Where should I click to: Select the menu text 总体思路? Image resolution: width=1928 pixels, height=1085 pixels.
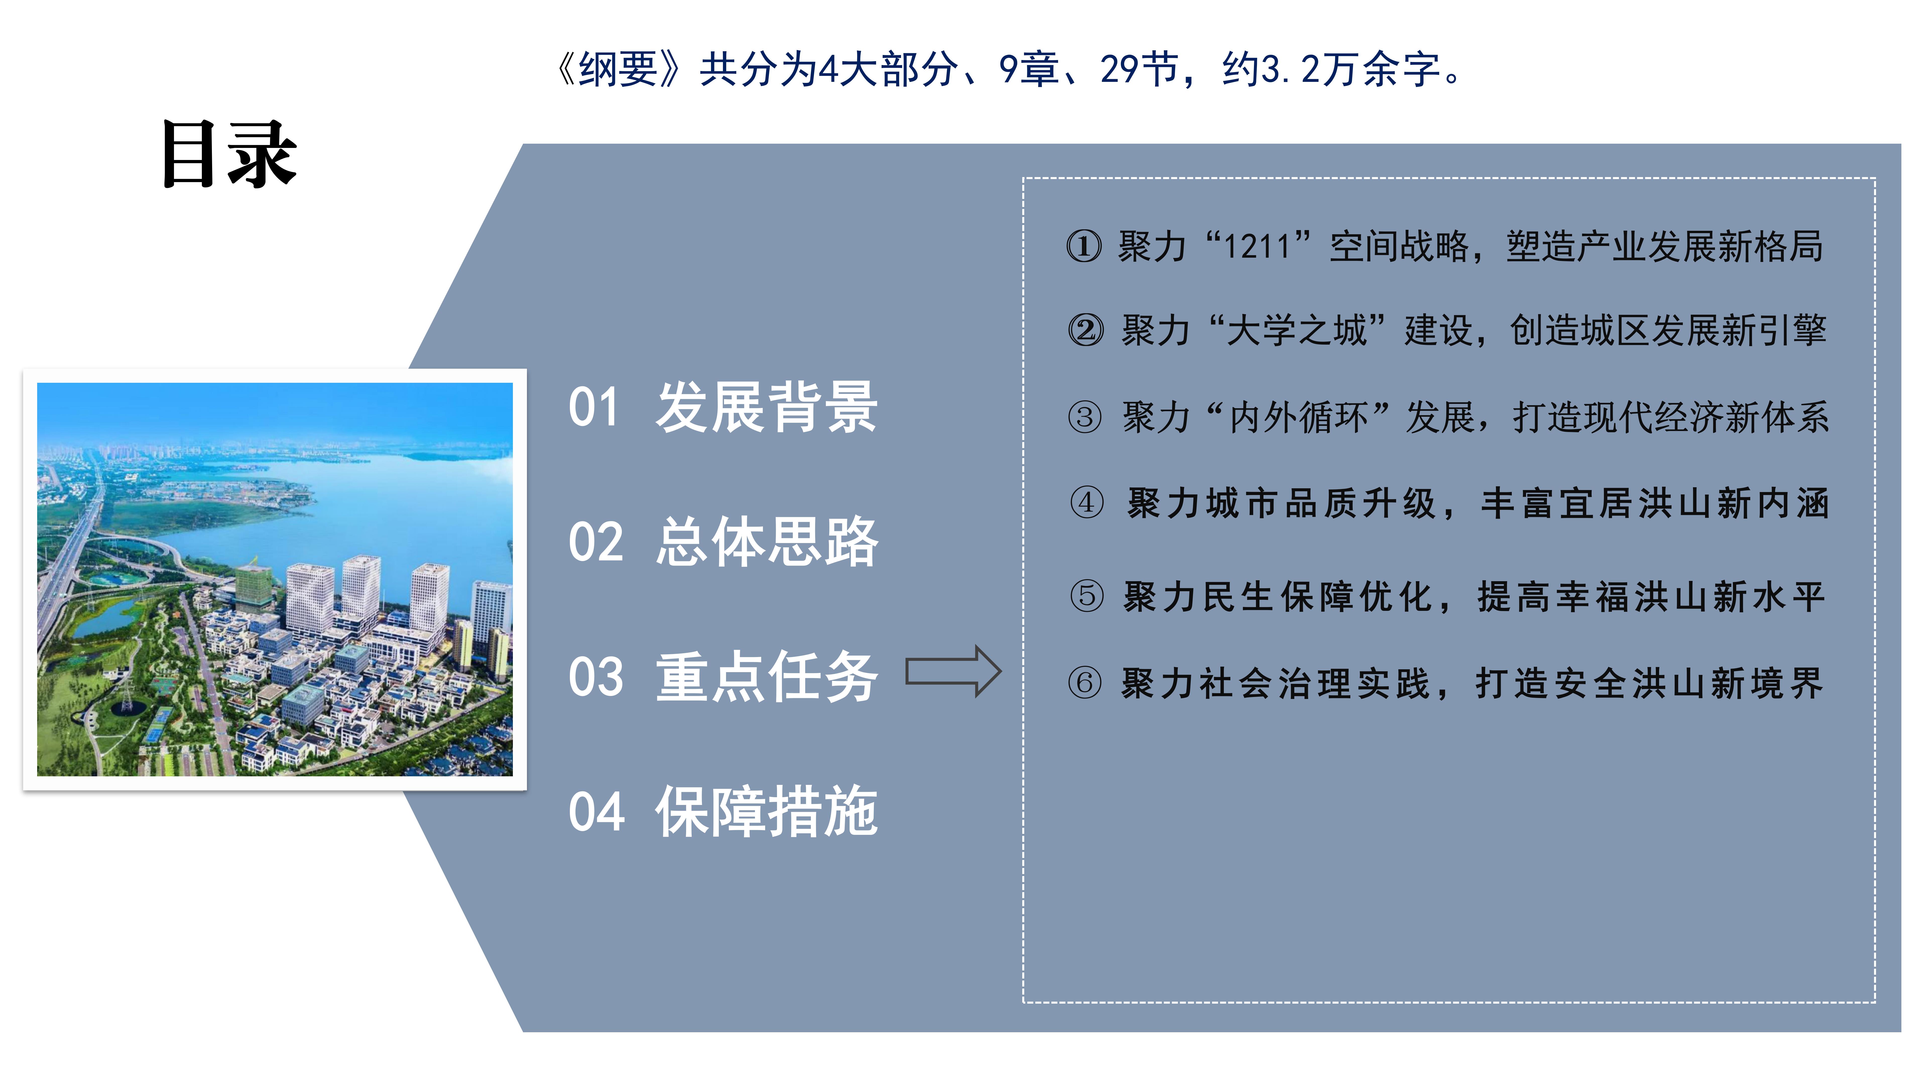[x=766, y=541]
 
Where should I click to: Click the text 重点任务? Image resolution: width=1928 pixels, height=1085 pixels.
[x=766, y=676]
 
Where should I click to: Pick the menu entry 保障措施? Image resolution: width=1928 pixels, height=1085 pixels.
[x=766, y=811]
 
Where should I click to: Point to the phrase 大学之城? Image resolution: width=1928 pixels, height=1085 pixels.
[x=1297, y=330]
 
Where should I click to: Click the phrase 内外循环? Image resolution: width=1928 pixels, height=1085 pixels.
[x=1299, y=417]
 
